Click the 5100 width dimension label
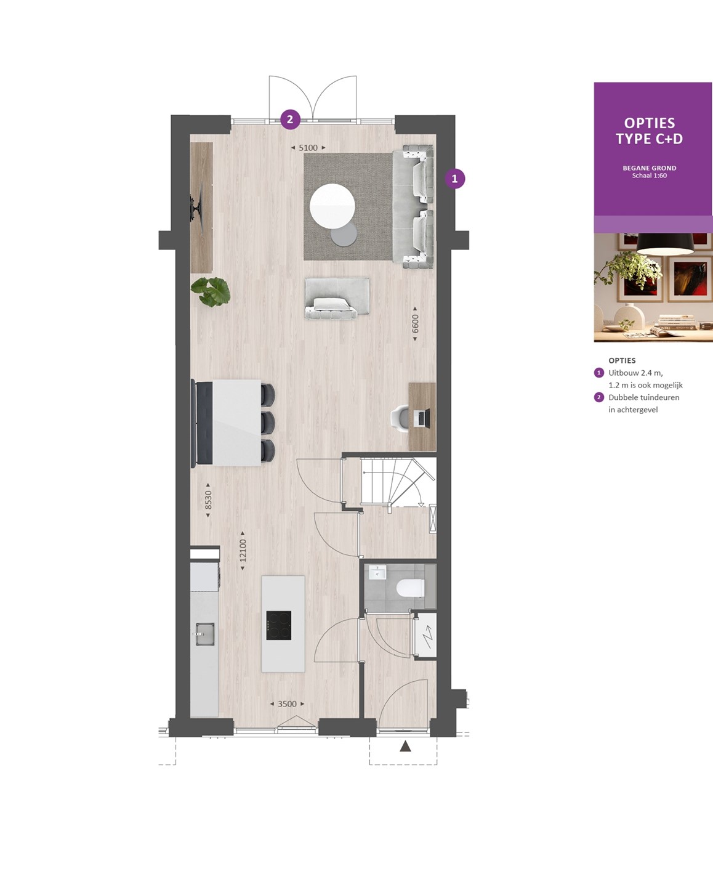308,148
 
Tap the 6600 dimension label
415,323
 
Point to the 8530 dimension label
208,500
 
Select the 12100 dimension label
243,550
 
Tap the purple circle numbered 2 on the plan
290,119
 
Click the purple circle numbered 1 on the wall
454,179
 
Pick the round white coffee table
332,206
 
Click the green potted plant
211,292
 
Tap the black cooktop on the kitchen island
278,625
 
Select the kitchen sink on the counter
205,633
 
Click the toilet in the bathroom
411,588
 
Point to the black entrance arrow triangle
406,746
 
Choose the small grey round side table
344,234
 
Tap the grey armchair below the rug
337,298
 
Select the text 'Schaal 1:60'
649,176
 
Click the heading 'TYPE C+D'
649,139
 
